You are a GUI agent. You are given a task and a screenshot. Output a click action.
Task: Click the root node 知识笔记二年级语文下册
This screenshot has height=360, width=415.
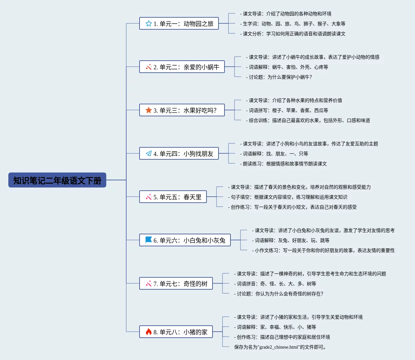(x=57, y=180)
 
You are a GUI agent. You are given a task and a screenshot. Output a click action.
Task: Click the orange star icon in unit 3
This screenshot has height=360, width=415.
(x=149, y=110)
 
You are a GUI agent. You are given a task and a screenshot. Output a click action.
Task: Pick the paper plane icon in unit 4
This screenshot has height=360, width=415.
(x=149, y=154)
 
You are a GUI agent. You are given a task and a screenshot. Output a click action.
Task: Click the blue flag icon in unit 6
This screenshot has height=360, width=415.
(x=149, y=240)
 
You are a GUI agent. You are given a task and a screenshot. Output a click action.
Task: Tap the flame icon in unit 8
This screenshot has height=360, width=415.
(x=149, y=332)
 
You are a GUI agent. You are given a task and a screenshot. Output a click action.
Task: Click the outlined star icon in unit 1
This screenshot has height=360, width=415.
(x=149, y=24)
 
